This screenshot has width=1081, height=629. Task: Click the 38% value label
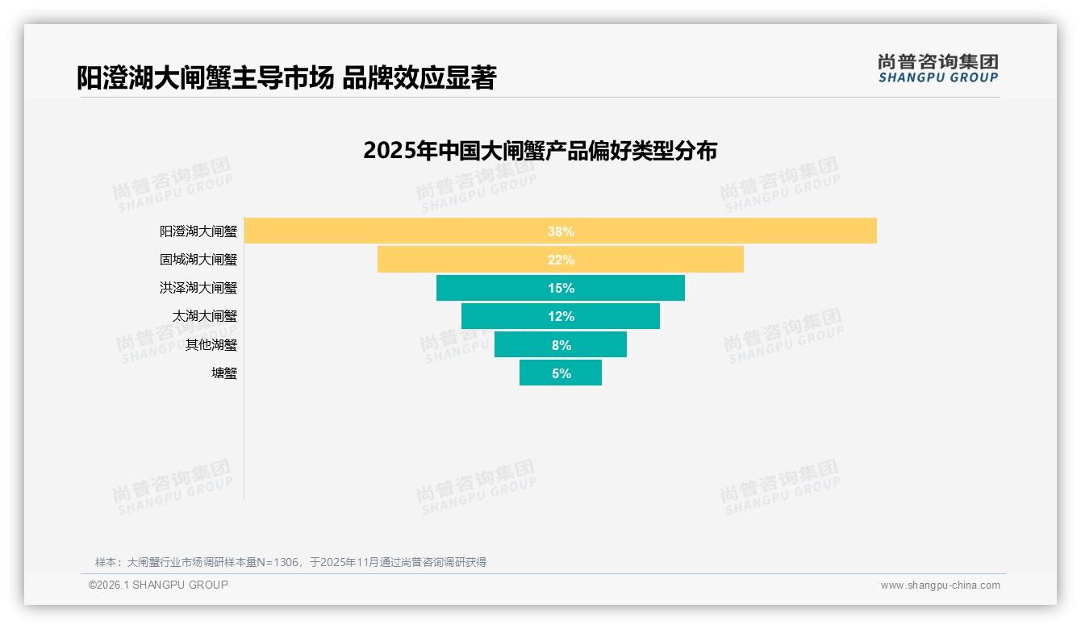[560, 231]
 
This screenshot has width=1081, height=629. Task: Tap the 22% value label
[560, 260]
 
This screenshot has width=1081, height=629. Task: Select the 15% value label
[560, 288]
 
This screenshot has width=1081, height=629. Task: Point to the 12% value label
[560, 316]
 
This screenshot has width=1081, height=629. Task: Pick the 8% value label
[561, 345]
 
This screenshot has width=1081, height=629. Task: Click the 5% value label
[561, 373]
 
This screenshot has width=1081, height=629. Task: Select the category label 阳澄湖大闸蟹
[198, 231]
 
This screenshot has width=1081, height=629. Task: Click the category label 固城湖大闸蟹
[198, 260]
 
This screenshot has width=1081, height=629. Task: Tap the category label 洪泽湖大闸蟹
[198, 288]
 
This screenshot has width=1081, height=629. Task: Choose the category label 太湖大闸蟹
[205, 316]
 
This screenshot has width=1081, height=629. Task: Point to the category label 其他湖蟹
[211, 345]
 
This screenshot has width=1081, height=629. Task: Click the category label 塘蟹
[224, 373]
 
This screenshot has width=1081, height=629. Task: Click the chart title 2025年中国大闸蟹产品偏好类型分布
[540, 151]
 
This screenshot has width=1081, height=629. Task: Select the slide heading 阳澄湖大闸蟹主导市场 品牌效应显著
[286, 78]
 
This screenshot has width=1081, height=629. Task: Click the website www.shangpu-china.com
[940, 585]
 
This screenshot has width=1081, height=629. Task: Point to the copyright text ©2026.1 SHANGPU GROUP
[158, 585]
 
